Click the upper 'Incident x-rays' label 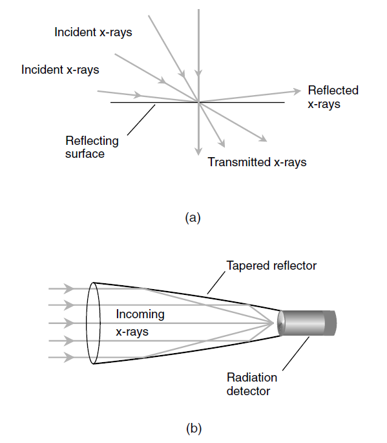[x=93, y=32]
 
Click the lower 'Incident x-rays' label [x=60, y=70]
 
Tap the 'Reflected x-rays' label [x=333, y=97]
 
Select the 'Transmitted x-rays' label [x=257, y=162]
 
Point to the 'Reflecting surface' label [x=92, y=147]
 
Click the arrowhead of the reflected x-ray [x=297, y=91]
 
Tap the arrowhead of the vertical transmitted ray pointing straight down [x=199, y=151]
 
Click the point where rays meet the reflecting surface [x=199, y=102]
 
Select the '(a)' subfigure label [x=193, y=218]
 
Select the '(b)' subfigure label [x=194, y=428]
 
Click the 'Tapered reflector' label [x=271, y=266]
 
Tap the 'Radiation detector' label [x=252, y=384]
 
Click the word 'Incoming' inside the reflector [x=140, y=314]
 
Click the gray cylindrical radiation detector [x=306, y=323]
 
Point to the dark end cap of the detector [x=330, y=323]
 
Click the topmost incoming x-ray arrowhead [x=68, y=288]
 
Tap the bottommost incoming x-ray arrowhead [x=68, y=358]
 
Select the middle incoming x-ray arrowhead [x=68, y=323]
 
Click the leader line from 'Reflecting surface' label [x=141, y=120]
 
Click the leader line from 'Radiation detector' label [x=296, y=354]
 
